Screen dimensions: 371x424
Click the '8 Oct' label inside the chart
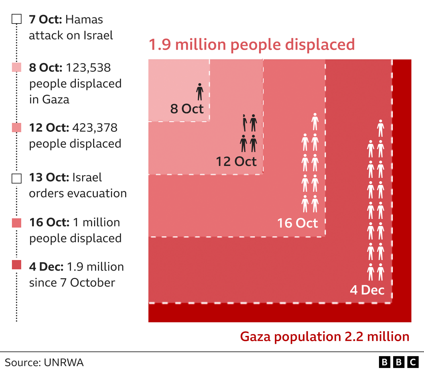pos(187,109)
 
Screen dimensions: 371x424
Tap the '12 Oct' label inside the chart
pos(236,161)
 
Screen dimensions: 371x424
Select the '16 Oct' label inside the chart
pos(297,223)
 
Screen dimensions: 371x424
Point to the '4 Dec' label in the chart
pos(367,290)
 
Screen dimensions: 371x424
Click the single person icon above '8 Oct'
pos(200,92)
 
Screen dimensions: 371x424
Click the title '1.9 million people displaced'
pos(252,45)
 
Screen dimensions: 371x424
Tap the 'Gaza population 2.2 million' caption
pos(325,337)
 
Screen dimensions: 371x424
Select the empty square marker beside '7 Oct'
pos(17,19)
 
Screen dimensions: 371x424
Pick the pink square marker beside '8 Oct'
pos(17,67)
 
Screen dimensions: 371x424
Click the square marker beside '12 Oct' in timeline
pos(17,128)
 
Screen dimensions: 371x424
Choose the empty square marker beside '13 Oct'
pos(17,179)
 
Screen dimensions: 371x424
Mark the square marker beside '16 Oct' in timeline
pos(17,223)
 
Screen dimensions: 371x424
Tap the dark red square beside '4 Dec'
pos(17,265)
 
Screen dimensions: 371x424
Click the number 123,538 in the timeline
pos(88,68)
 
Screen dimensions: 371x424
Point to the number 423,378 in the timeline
pos(95,128)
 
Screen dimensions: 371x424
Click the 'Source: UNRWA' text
pos(44,362)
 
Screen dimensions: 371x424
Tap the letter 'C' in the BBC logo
pos(413,362)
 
